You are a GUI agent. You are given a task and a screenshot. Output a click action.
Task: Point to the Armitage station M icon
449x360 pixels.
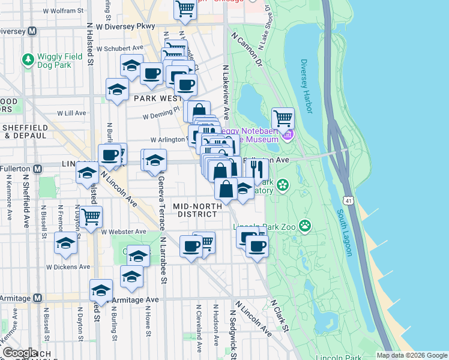pos(37,298)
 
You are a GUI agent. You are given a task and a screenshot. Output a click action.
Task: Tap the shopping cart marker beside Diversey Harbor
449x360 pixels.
pos(283,117)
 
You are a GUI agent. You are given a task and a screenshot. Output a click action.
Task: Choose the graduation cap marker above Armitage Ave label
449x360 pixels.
pos(101,290)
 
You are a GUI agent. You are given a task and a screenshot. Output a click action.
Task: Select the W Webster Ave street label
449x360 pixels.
pos(124,232)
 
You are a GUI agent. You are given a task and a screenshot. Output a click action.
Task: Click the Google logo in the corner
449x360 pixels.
pos(20,353)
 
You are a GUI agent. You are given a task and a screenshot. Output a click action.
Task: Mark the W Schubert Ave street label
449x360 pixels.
pos(123,47)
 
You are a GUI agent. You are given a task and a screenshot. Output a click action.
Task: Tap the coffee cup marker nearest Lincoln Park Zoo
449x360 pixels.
pos(257,246)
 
